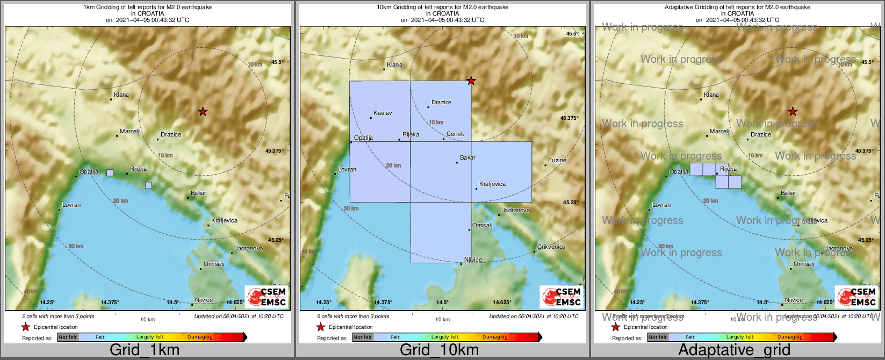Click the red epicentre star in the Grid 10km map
click(471, 81)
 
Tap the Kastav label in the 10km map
click(383, 113)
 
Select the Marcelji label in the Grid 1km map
click(130, 132)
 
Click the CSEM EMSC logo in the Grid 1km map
click(267, 297)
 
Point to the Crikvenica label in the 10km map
click(551, 247)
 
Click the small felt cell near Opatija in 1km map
click(110, 173)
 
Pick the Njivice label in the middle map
click(473, 260)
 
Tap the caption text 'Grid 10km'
click(439, 350)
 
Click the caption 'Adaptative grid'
click(734, 350)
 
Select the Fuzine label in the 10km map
click(557, 161)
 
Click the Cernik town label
click(455, 134)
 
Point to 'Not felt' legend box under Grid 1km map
click(68, 337)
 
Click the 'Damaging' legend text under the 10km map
click(495, 337)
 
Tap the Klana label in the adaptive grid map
click(711, 95)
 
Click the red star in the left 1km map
click(203, 112)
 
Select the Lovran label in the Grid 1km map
click(71, 205)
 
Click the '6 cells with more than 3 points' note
click(353, 316)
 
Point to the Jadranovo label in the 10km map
click(516, 211)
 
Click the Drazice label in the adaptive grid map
click(760, 135)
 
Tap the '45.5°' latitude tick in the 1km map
click(277, 62)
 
